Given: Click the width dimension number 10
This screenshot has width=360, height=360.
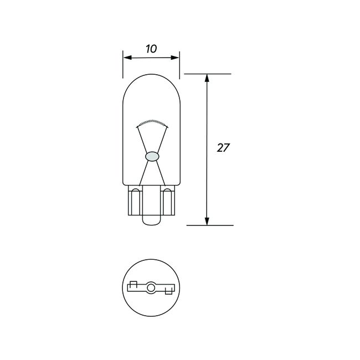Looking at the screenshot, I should [151, 48].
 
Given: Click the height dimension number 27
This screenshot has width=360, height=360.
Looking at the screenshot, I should [223, 148].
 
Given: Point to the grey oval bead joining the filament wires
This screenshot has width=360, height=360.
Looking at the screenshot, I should [151, 157].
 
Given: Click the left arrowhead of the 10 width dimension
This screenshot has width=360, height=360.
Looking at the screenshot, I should [126, 57].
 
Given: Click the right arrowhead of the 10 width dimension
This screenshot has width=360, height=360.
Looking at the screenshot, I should [177, 57].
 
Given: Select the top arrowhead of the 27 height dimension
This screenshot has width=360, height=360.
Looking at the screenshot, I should [207, 78].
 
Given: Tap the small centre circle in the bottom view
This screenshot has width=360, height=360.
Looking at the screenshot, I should [151, 287].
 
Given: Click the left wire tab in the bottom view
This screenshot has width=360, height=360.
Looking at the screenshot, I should [133, 286].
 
